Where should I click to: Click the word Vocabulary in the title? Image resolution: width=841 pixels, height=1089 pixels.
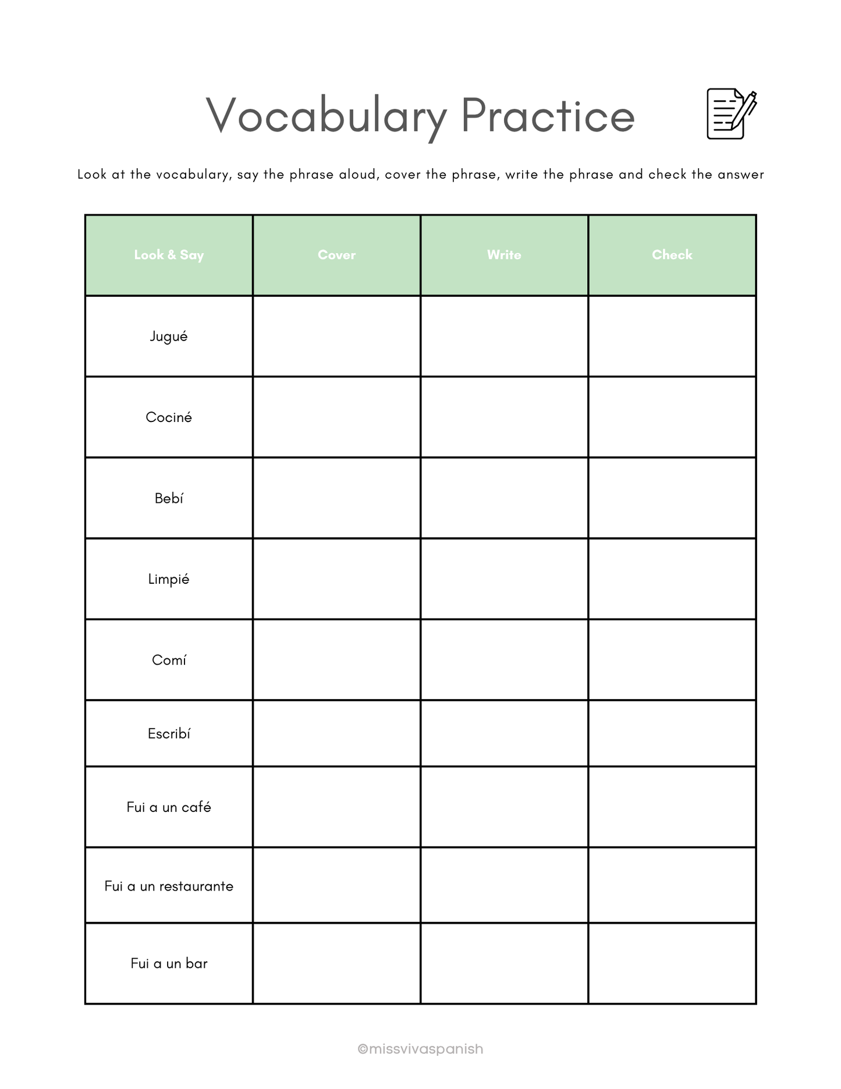coord(326,116)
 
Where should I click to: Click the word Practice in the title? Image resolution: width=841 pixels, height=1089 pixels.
coord(547,116)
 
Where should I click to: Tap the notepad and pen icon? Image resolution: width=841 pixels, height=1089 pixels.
coord(731,113)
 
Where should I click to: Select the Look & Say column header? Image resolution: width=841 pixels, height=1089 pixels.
coord(169,255)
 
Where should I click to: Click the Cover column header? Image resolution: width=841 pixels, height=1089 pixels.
coord(336,255)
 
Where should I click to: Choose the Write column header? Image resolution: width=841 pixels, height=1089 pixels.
coord(504,255)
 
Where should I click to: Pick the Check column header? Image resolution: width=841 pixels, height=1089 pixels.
coord(672,255)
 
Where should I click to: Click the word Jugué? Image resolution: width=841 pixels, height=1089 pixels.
coord(169,336)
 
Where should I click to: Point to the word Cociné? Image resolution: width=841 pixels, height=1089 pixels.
coord(169,417)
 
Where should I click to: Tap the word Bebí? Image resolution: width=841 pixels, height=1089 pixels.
coord(169,498)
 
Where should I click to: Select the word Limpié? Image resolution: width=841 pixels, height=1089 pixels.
coord(169,579)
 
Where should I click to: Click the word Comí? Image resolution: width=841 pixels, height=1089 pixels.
coord(169,660)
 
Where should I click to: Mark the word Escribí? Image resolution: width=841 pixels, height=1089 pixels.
coord(169,734)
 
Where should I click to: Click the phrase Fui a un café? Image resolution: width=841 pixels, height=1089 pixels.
coord(169,807)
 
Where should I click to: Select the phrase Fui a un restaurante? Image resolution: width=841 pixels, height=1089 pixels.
coord(169,886)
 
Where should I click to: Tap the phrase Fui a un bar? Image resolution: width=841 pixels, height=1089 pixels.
coord(169,963)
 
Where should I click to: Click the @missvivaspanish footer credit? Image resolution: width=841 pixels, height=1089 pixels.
coord(420,1049)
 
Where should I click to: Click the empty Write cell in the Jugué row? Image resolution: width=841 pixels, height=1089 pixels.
coord(504,336)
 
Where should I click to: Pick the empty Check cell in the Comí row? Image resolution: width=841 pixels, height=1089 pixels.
coord(672,660)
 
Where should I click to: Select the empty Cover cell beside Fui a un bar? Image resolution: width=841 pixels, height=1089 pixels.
coord(336,963)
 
